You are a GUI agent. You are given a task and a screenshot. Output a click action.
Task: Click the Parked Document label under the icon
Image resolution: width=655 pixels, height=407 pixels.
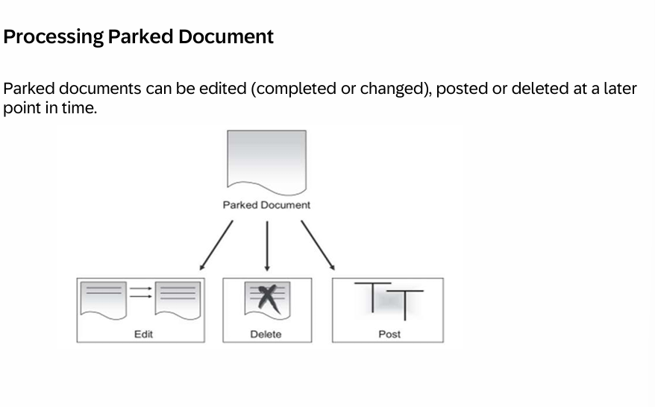[266, 205]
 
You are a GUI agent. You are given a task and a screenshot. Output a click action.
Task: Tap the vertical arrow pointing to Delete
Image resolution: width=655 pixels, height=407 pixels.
[266, 246]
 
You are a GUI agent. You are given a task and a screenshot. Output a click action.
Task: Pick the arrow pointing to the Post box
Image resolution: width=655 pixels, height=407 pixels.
[318, 244]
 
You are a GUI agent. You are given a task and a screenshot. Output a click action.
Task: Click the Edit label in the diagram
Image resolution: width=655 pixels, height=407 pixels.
[143, 335]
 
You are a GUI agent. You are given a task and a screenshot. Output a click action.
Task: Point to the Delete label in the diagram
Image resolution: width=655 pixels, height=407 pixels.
[266, 335]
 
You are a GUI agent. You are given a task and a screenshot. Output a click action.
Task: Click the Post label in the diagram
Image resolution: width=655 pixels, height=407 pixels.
[389, 335]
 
